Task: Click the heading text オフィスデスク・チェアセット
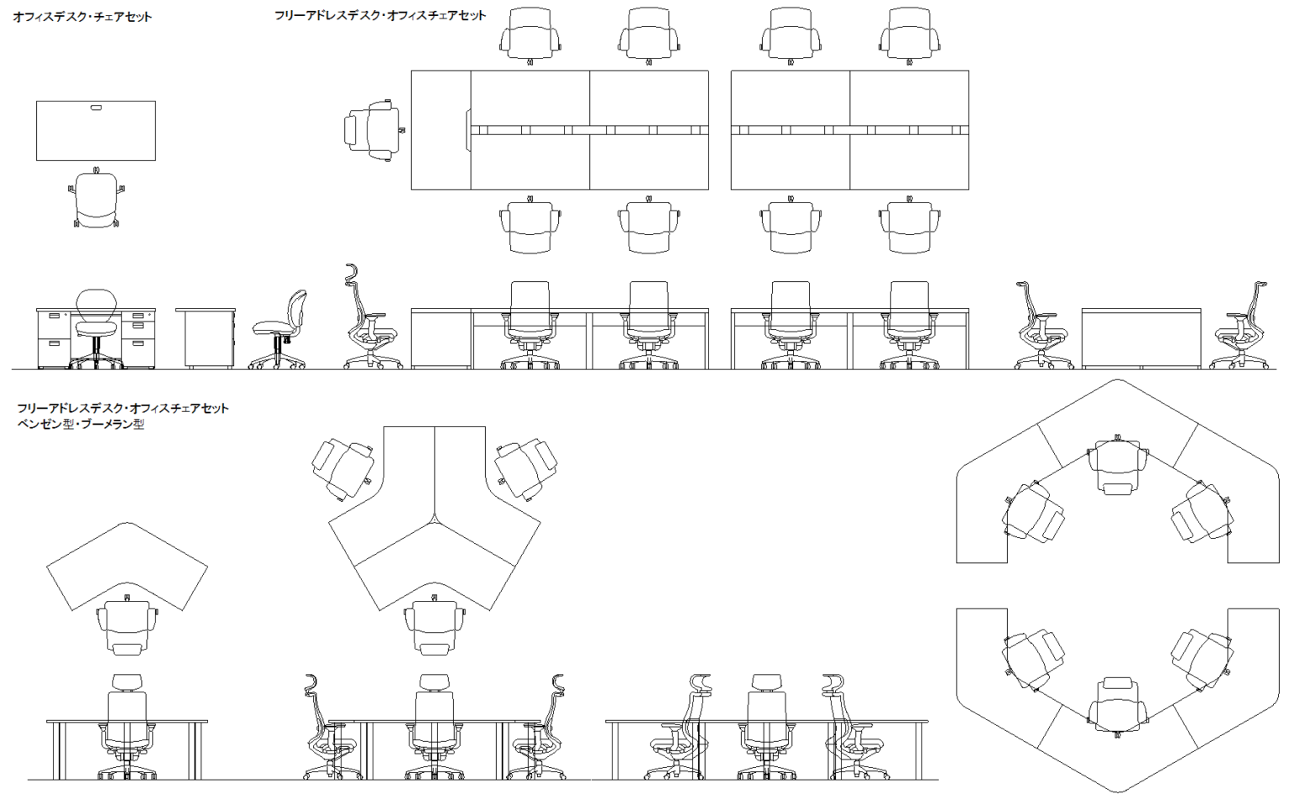click(x=82, y=18)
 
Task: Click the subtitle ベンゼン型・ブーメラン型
click(x=81, y=424)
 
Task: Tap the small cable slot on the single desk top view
click(x=97, y=107)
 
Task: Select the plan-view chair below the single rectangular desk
click(x=97, y=197)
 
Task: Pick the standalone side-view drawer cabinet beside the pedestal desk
click(x=206, y=338)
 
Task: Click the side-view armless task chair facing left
click(x=279, y=330)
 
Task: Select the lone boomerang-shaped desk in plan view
click(x=128, y=567)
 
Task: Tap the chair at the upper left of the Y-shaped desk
click(x=343, y=469)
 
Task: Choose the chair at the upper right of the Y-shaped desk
click(x=525, y=469)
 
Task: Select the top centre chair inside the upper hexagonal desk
click(x=1118, y=465)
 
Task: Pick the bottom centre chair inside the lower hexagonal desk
click(x=1118, y=707)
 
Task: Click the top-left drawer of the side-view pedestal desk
click(x=54, y=316)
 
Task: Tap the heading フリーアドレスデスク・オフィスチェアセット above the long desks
click(x=380, y=16)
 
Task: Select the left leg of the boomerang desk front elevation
click(x=56, y=750)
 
